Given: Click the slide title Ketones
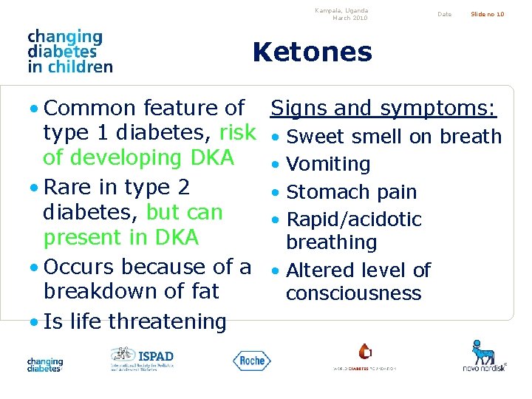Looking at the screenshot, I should click(312, 52).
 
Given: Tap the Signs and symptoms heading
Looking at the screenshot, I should click(383, 109).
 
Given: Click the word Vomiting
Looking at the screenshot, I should click(328, 164).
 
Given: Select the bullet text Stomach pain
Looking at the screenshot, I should click(351, 192).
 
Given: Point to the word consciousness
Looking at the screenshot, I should click(353, 293).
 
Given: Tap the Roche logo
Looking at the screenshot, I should click(252, 360).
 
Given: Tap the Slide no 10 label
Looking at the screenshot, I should click(488, 14).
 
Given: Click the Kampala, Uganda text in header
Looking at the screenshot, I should click(341, 10).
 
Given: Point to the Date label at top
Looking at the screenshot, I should click(444, 14).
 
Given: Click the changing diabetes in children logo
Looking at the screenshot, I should click(69, 51).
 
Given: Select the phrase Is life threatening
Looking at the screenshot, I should click(135, 321).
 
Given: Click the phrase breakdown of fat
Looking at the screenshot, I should click(132, 291).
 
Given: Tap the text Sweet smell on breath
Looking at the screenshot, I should click(394, 137).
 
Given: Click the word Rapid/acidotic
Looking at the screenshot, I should click(353, 219).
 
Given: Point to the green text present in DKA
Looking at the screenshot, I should click(121, 237).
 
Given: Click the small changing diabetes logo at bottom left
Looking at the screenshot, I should click(45, 364).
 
